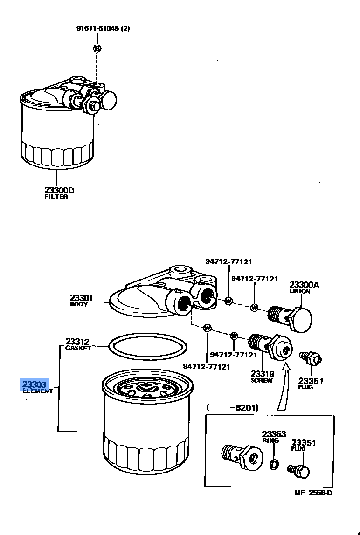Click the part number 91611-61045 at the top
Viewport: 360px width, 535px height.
103,28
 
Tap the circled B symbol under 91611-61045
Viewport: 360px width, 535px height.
97,48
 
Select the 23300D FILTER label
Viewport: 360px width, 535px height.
59,193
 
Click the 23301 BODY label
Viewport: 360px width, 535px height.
82,300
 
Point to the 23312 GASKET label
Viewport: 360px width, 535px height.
77,344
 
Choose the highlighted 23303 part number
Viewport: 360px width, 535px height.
35,384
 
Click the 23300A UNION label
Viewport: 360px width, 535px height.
304,288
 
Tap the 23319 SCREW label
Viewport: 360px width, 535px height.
262,377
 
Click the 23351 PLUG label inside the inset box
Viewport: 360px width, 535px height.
304,445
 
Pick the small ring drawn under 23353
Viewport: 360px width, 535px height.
275,464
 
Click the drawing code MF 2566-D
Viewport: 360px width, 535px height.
313,494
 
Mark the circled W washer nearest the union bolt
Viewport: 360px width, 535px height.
254,308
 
